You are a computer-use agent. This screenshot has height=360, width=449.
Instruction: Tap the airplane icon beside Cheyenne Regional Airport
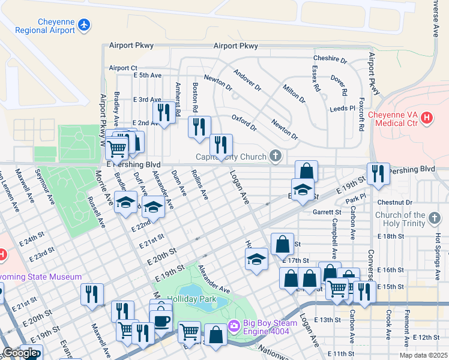coord(85,25)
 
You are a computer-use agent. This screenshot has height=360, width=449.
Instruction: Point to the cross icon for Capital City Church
coord(276,157)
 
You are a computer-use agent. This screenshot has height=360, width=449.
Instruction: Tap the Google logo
coord(20,352)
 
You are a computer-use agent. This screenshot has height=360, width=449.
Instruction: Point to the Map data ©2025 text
coord(423,355)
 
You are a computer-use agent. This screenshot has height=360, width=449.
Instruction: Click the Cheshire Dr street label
coord(330,60)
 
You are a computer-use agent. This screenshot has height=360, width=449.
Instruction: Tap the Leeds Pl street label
coord(343,109)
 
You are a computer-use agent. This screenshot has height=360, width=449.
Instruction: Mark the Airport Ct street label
coord(123,68)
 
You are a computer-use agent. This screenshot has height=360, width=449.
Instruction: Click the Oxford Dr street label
coord(244,123)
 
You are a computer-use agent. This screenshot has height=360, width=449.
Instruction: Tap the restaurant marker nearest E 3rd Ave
coord(163,112)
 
